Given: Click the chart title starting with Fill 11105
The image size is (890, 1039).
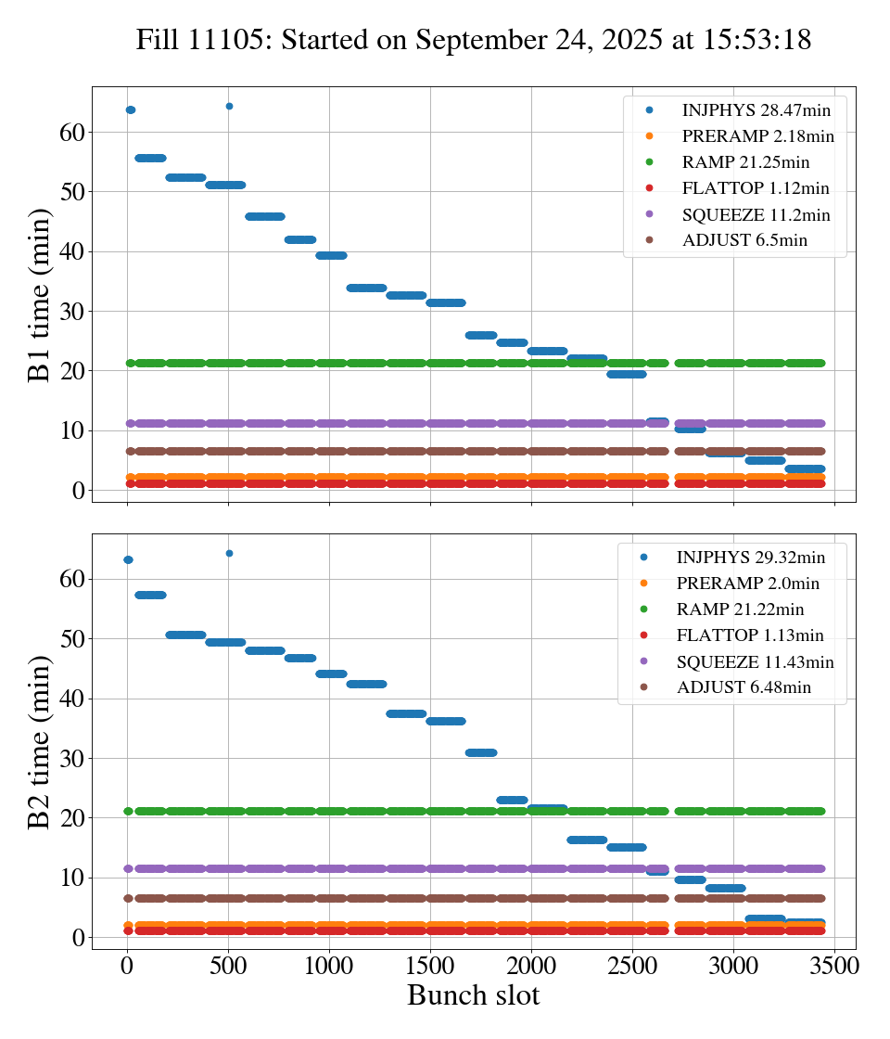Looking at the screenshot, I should (474, 40).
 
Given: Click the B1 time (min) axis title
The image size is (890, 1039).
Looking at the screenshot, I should (39, 295).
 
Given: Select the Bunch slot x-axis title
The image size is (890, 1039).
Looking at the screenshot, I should (473, 995).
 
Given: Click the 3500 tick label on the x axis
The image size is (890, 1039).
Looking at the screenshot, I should (834, 965).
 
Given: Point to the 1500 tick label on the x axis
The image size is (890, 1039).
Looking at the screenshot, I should (430, 965).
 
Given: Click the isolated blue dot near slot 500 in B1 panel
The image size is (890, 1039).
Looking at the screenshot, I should (229, 107).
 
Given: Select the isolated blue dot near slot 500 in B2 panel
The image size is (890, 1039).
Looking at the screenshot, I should (229, 554).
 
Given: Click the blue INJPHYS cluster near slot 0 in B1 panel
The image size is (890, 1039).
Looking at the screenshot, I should (131, 110).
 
